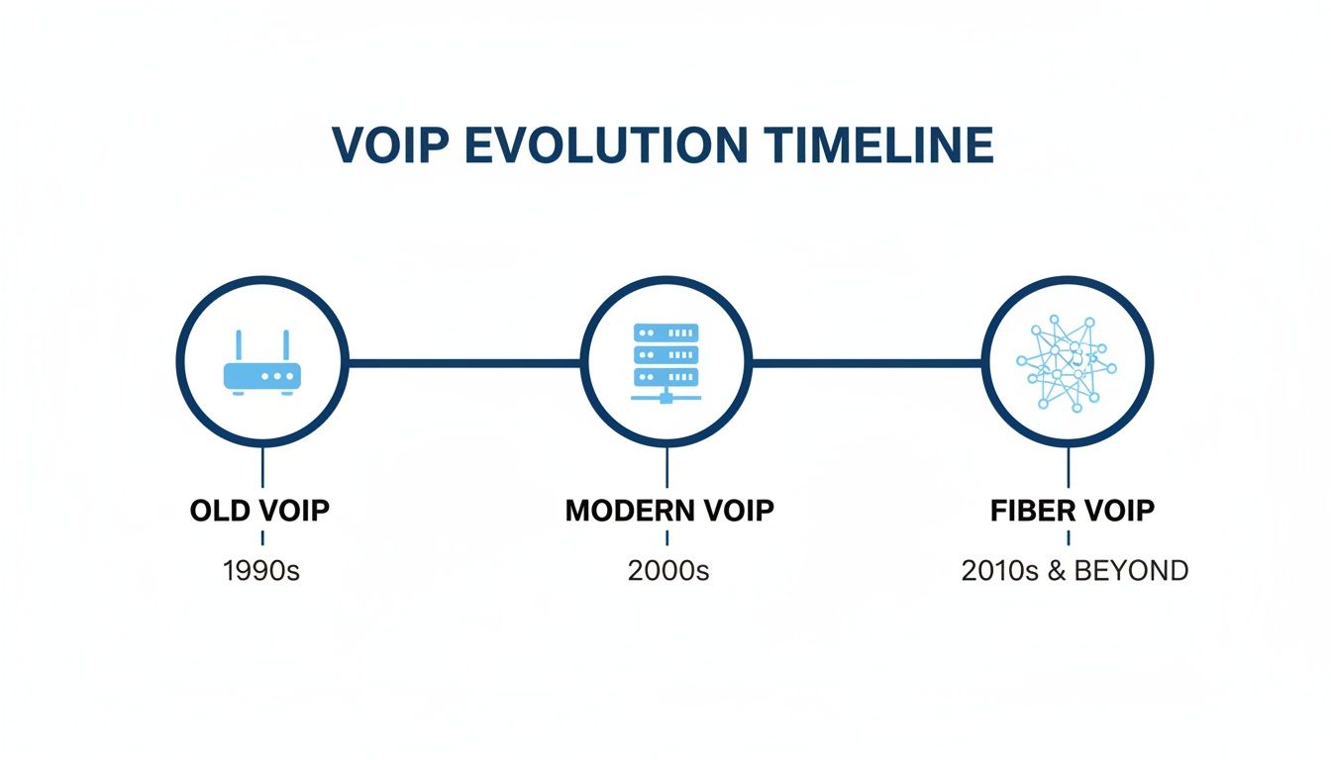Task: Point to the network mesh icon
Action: pyautogui.click(x=1067, y=363)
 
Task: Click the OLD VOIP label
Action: pyautogui.click(x=259, y=511)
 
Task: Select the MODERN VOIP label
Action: pyautogui.click(x=668, y=511)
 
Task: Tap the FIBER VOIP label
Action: pyautogui.click(x=1073, y=511)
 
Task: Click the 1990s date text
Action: pyautogui.click(x=261, y=571)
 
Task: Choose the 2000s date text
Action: pyautogui.click(x=668, y=571)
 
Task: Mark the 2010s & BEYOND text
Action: pyautogui.click(x=1075, y=571)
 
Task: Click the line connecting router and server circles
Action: pyautogui.click(x=463, y=363)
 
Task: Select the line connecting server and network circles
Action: pyautogui.click(x=867, y=363)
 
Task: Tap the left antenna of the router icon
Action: pyautogui.click(x=239, y=346)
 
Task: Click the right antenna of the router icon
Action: pyautogui.click(x=285, y=346)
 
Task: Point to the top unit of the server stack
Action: pyautogui.click(x=665, y=332)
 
